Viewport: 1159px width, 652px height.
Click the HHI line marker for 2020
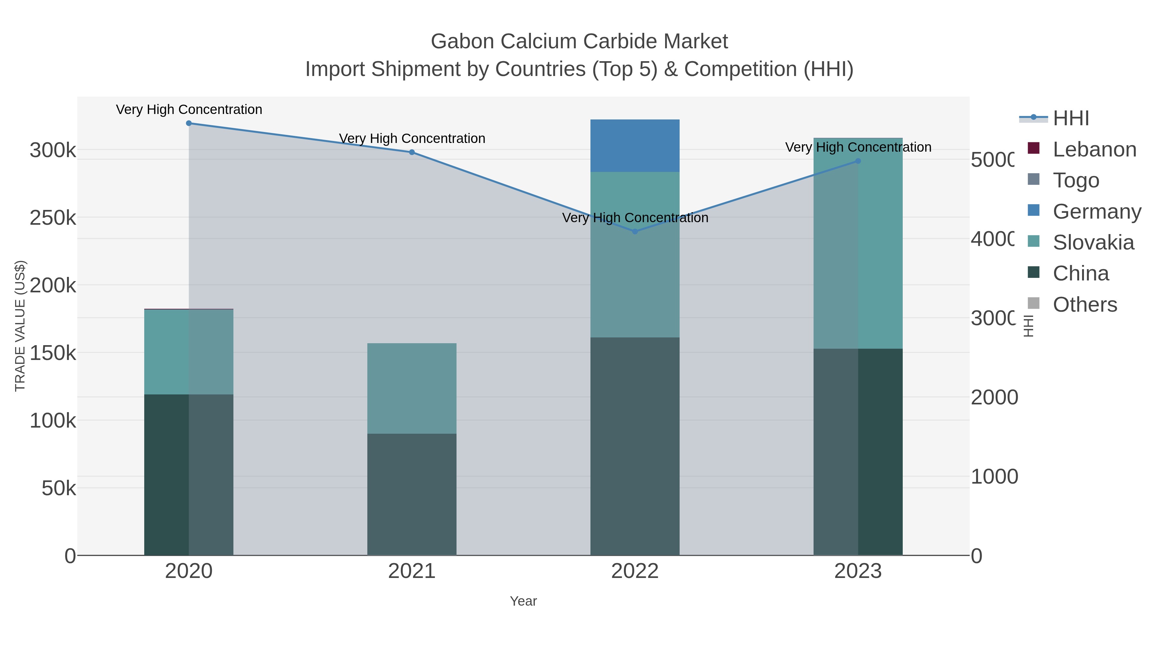[189, 123]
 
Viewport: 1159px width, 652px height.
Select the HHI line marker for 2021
[412, 152]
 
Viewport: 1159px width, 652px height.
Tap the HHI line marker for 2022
[635, 232]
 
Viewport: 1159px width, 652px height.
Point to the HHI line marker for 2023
[858, 161]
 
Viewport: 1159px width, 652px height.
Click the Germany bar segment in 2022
[635, 146]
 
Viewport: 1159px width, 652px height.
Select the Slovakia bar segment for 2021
[412, 388]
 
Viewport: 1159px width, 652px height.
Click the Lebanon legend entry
[1094, 149]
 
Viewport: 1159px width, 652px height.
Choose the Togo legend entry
[1075, 180]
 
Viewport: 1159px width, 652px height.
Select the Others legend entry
[1084, 305]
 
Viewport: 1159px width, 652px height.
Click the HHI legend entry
[1070, 118]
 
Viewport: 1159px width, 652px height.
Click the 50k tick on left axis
[59, 488]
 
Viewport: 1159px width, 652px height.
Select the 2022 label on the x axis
[635, 572]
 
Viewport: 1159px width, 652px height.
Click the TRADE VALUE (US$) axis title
[20, 326]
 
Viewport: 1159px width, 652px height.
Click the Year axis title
[523, 601]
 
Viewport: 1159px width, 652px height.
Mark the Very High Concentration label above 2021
[412, 138]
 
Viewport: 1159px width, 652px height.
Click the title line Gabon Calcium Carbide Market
[579, 42]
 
